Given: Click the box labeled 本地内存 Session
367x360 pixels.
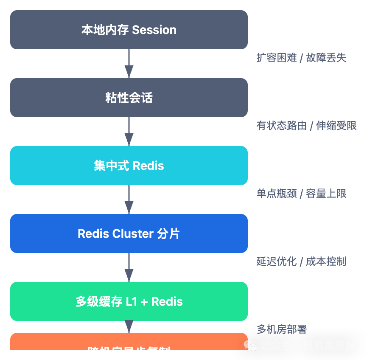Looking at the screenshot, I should coord(129,30).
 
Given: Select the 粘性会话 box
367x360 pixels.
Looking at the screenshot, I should coord(129,98).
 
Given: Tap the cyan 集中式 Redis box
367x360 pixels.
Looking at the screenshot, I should coord(129,166).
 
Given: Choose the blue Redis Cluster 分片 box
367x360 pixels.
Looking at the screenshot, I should coord(129,233).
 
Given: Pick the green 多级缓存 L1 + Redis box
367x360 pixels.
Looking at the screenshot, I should coord(129,301).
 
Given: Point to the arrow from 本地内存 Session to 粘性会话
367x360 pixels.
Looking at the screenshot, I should coord(129,64).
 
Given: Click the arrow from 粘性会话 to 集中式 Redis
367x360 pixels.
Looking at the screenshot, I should coord(129,132).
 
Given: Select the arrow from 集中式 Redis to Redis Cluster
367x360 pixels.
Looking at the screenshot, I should coord(129,200).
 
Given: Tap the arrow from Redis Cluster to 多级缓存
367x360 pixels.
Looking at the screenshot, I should coord(129,267).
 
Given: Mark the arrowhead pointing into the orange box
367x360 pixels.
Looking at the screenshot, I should coord(129,327).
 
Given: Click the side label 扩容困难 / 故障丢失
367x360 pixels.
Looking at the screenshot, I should coord(301,58).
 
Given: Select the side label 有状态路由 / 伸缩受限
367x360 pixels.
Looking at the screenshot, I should coord(306,126).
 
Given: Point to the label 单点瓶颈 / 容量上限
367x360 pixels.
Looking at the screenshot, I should coord(301,194).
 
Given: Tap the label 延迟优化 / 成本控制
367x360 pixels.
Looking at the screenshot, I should coord(301,262).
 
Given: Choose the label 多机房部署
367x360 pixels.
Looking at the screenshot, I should coord(282,329).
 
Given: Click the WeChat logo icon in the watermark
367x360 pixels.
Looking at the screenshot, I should coord(250,346).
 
